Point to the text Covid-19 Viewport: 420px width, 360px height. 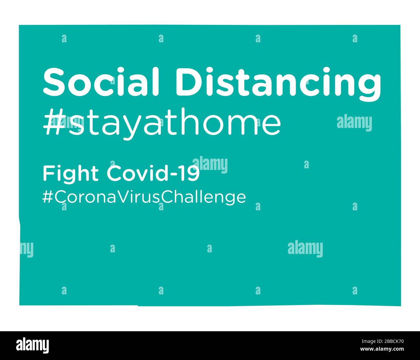click(x=153, y=174)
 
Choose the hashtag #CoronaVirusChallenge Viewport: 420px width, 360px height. click(x=144, y=197)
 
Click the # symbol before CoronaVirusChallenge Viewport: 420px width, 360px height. click(x=47, y=197)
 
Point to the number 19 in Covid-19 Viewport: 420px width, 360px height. click(x=191, y=174)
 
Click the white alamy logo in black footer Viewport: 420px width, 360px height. click(x=32, y=345)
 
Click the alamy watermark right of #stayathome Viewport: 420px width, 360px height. click(x=354, y=123)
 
